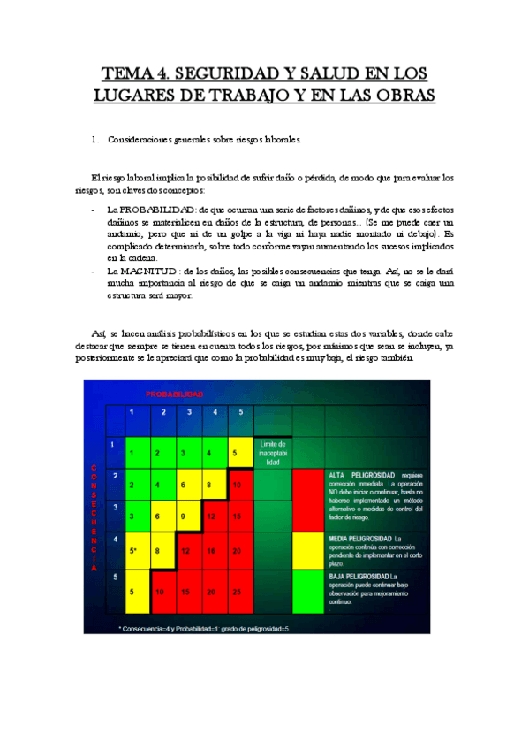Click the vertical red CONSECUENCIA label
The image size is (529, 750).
(x=94, y=517)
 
